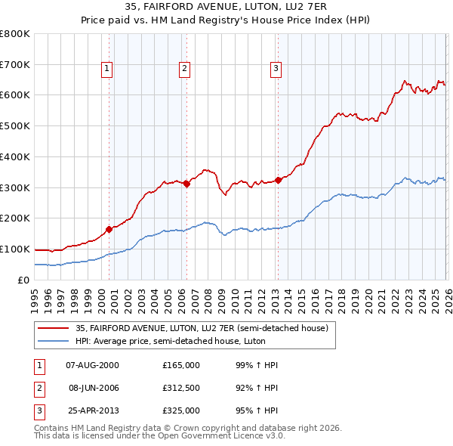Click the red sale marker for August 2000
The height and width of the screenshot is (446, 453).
109,228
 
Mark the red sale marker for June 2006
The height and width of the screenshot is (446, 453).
186,183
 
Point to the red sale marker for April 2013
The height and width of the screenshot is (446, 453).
278,180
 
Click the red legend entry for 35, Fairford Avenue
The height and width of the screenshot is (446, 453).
201,329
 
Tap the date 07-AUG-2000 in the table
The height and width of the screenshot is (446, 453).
92,365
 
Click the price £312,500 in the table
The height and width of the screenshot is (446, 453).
181,388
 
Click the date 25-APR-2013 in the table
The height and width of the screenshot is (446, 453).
92,410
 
